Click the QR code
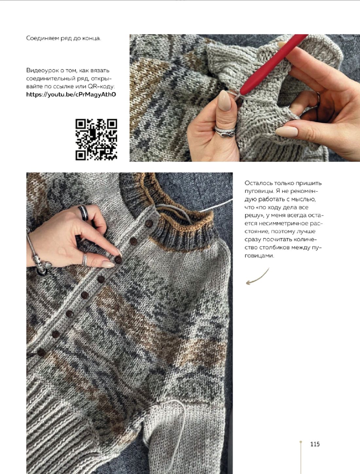click(x=96, y=139)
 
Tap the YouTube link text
click(x=71, y=94)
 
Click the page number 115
click(x=315, y=444)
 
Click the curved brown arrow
click(x=258, y=277)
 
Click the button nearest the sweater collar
click(x=149, y=223)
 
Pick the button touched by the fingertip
click(x=118, y=260)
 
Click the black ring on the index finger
click(x=83, y=213)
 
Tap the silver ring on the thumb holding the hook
click(x=225, y=132)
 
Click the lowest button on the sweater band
click(x=41, y=352)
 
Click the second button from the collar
click(x=133, y=241)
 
